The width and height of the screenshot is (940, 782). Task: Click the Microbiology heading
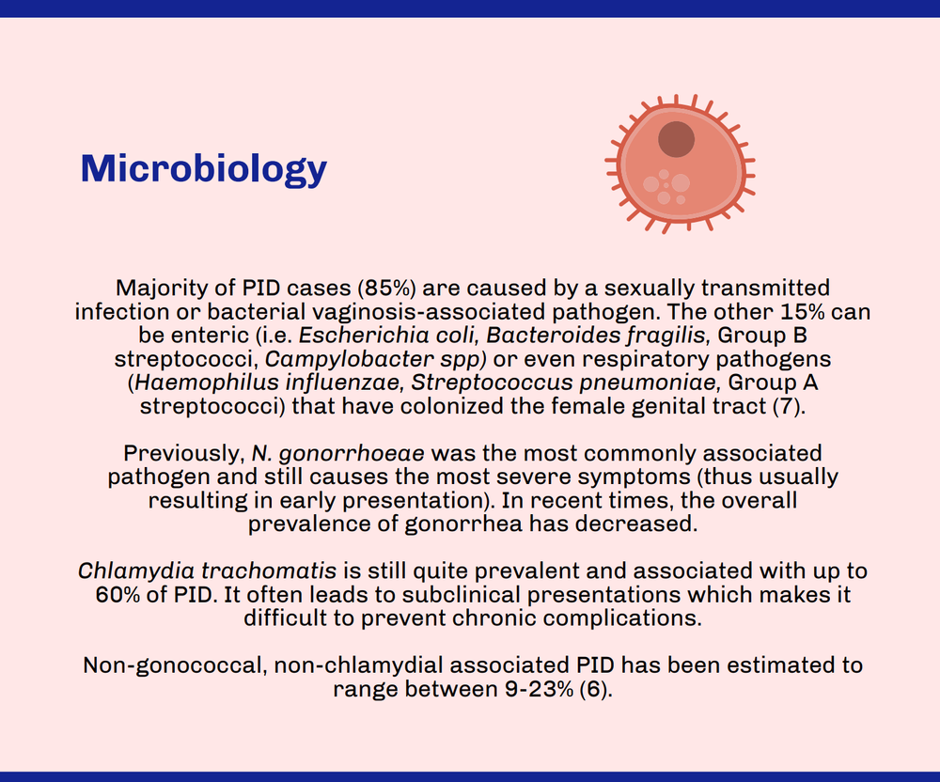(x=204, y=169)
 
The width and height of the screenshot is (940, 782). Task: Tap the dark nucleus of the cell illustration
(x=676, y=139)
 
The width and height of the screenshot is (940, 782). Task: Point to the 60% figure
(x=117, y=595)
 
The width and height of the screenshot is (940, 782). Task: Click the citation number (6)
(x=591, y=689)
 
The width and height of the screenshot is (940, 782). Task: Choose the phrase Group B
(x=787, y=336)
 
